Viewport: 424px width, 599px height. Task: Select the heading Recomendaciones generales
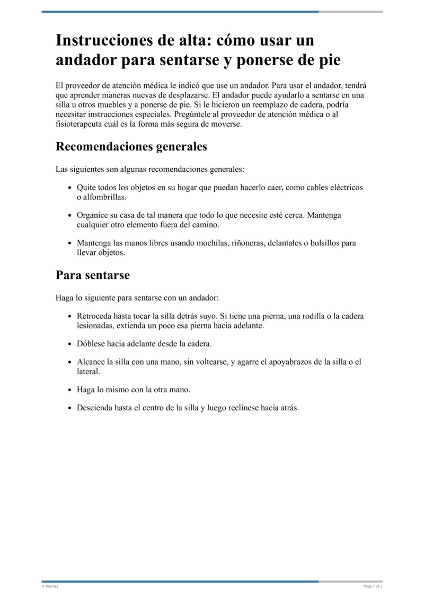point(131,147)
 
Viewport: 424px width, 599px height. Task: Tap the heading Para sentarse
point(93,275)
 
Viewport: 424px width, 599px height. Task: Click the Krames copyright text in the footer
point(50,586)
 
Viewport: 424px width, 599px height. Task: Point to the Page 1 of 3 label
point(373,586)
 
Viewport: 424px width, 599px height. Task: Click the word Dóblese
point(91,343)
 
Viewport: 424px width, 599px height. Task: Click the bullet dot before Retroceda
point(70,316)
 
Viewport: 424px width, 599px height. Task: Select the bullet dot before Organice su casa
point(70,216)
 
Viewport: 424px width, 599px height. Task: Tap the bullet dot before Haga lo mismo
point(70,390)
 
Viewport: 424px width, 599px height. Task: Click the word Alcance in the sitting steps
point(91,362)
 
